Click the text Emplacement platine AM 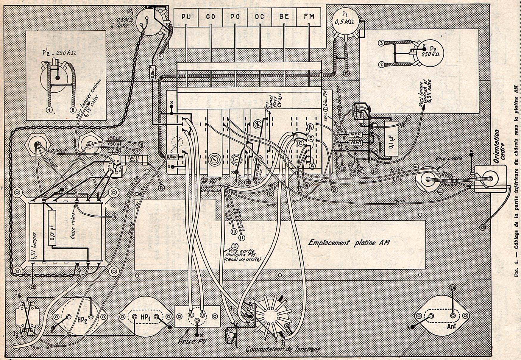click(349, 242)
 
